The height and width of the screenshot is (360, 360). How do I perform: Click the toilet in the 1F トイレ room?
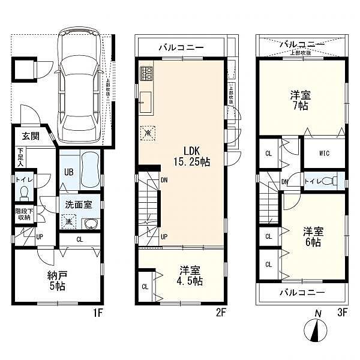pyautogui.click(x=23, y=191)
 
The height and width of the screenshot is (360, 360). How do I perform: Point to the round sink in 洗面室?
pyautogui.click(x=90, y=224)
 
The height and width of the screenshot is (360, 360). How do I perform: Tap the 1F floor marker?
pyautogui.click(x=98, y=313)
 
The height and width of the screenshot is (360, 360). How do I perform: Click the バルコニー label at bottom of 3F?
pyautogui.click(x=302, y=292)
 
